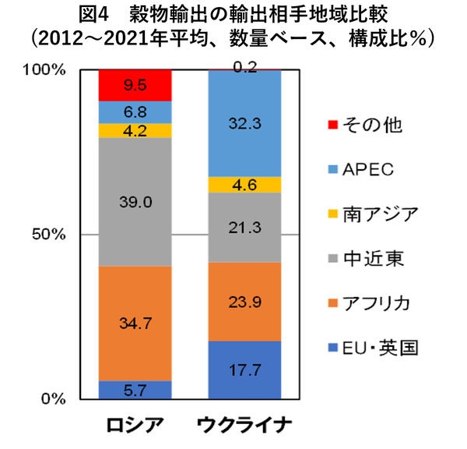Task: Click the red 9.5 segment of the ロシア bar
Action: (x=135, y=85)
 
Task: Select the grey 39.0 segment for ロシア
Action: (x=135, y=202)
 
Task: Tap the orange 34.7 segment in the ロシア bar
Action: (x=135, y=323)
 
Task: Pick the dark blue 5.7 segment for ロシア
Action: (x=135, y=388)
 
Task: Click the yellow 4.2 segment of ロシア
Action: (x=135, y=131)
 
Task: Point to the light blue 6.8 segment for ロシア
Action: (x=135, y=112)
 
